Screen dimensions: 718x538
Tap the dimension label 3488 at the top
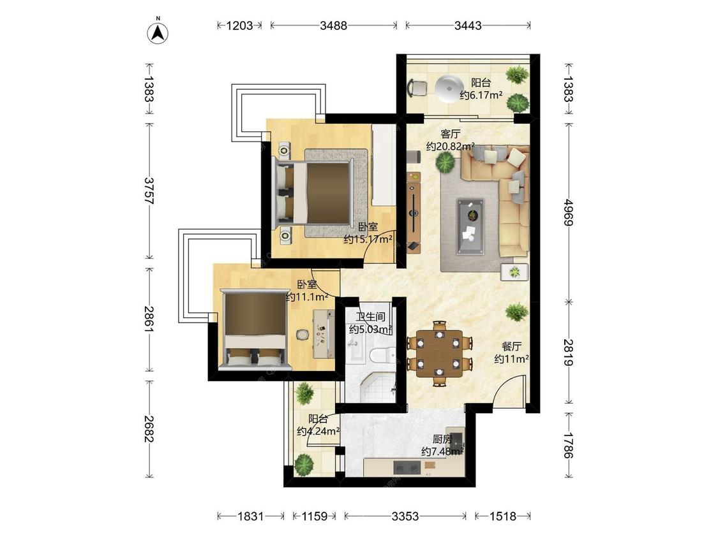pyautogui.click(x=333, y=25)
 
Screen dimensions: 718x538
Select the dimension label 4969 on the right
pyautogui.click(x=568, y=212)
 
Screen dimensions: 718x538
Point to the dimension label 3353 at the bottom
pyautogui.click(x=405, y=516)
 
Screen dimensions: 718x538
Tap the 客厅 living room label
pyautogui.click(x=451, y=134)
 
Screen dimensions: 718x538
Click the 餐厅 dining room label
pyautogui.click(x=511, y=347)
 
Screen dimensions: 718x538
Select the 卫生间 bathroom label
pyautogui.click(x=370, y=317)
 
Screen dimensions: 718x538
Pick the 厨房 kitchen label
pyautogui.click(x=442, y=440)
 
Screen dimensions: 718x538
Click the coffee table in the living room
pyautogui.click(x=470, y=226)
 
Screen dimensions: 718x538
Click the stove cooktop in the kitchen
pyautogui.click(x=407, y=467)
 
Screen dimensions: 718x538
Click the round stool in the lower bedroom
pyautogui.click(x=303, y=335)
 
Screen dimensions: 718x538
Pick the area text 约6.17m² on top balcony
pyautogui.click(x=481, y=96)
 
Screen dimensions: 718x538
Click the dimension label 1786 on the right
pyautogui.click(x=568, y=445)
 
